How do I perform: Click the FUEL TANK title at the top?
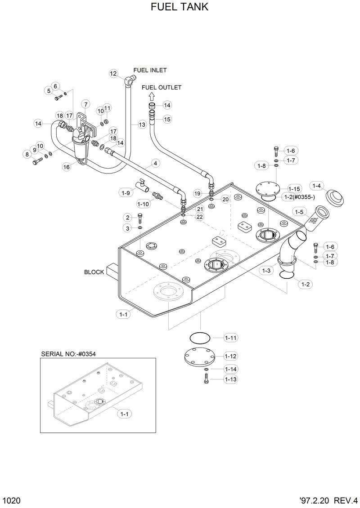[180, 8]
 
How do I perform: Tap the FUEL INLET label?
[150, 70]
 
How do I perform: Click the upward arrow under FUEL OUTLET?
[152, 95]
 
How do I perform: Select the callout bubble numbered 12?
[113, 73]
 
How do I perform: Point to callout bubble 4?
[155, 163]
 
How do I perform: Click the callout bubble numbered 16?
[67, 167]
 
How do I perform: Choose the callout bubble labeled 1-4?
[317, 186]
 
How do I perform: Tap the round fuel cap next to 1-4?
[334, 196]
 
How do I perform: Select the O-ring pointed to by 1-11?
[199, 338]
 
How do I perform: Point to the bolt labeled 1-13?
[206, 379]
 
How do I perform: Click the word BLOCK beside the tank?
[94, 272]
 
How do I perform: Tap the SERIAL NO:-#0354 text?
[68, 354]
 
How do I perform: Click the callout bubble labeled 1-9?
[126, 193]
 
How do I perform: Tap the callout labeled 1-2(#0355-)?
[300, 197]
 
